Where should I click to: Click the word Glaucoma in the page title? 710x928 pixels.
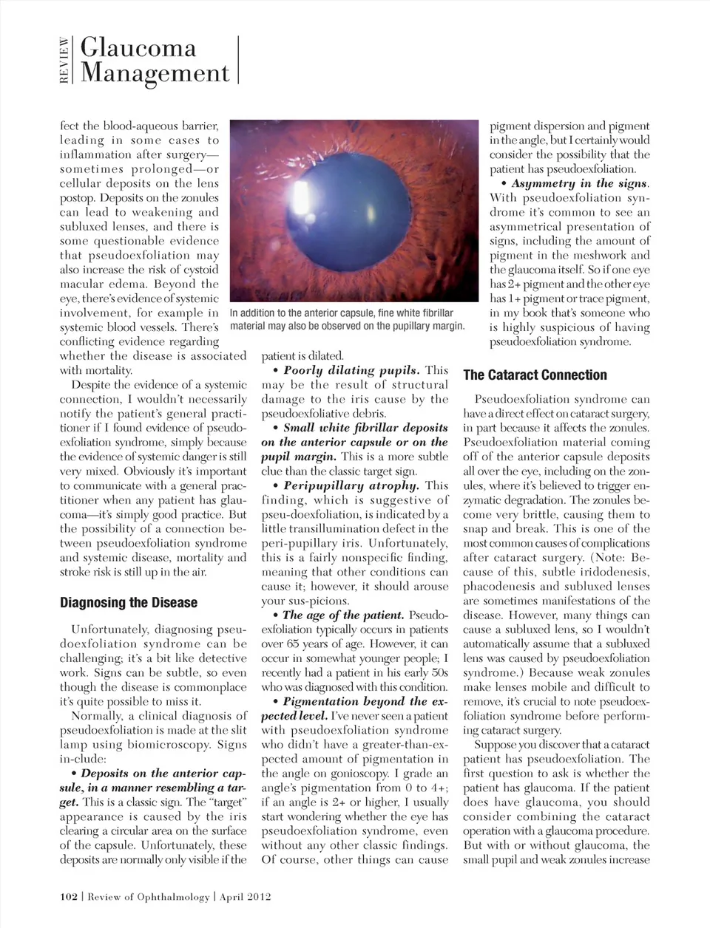click(x=138, y=48)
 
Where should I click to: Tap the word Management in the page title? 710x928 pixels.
click(x=155, y=73)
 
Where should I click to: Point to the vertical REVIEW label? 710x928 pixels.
click(x=65, y=61)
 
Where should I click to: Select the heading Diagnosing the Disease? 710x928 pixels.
click(x=129, y=602)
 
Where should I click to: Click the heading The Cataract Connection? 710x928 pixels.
click(x=535, y=375)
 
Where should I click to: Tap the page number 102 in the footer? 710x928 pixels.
click(x=69, y=897)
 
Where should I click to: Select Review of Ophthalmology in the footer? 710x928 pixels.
click(x=149, y=897)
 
